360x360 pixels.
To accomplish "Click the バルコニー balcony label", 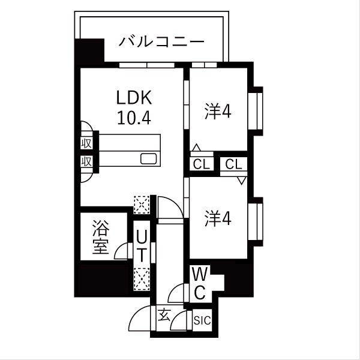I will tap(161, 42).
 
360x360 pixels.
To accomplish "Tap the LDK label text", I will tap(134, 98).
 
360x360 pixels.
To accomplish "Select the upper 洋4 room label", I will tap(218, 112).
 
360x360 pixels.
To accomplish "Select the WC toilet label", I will tap(200, 284).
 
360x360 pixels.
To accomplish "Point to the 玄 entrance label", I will tap(163, 313).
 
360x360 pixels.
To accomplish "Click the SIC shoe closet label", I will tap(202, 320).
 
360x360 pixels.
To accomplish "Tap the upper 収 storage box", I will tap(86, 143).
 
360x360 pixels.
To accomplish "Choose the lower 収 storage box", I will tap(86, 161).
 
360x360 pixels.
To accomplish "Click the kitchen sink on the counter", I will tap(148, 159).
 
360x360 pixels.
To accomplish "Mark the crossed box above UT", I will tap(142, 205).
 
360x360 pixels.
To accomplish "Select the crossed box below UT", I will tap(142, 278).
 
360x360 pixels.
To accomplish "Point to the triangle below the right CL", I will tap(241, 180).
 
